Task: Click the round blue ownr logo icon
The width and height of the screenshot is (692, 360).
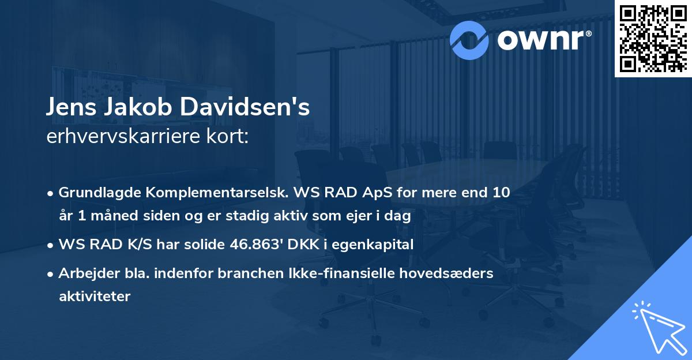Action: [x=469, y=39]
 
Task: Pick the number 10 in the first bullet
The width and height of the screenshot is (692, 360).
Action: [x=501, y=192]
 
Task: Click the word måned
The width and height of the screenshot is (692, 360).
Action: [x=107, y=217]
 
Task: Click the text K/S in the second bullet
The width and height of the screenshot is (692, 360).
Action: [x=141, y=244]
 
